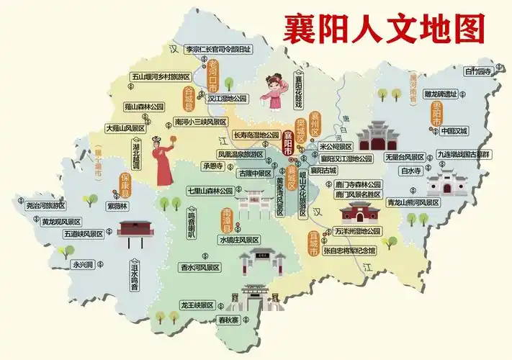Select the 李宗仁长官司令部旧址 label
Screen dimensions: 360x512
[x=219, y=49]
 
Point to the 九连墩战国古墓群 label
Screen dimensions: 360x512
[x=463, y=154]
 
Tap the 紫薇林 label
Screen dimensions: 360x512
[x=117, y=206]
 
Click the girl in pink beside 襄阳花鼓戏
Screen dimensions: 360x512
[x=274, y=92]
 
